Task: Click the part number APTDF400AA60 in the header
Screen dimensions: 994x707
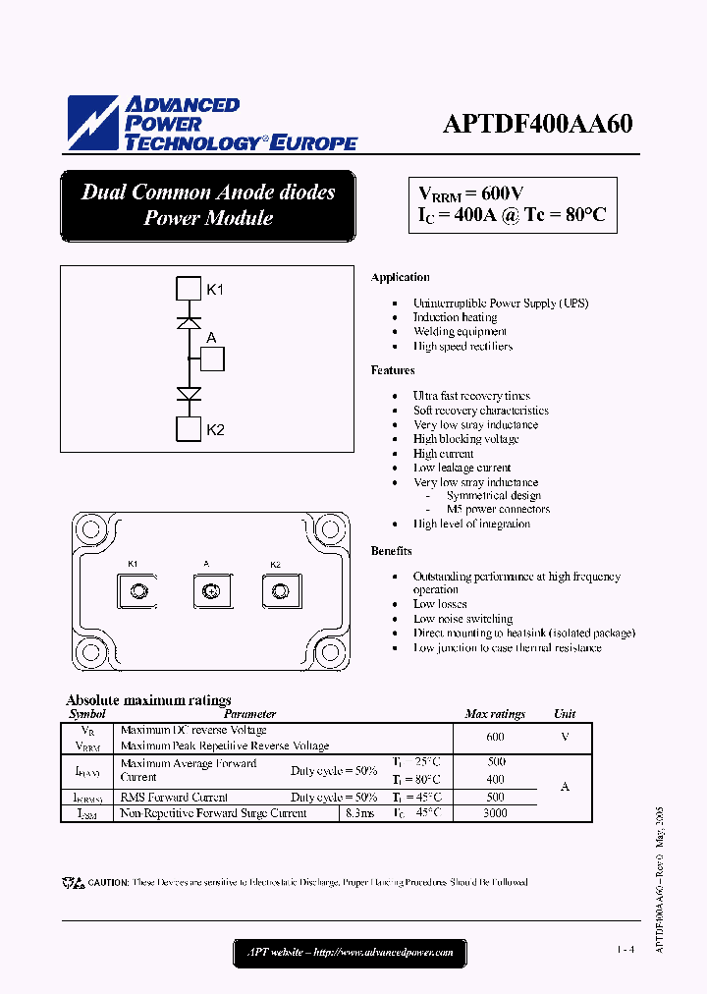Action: pyautogui.click(x=537, y=125)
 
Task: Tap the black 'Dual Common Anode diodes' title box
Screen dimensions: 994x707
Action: pyautogui.click(x=207, y=205)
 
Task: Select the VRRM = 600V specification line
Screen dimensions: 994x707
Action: pyautogui.click(x=471, y=193)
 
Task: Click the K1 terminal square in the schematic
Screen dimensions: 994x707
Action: pyautogui.click(x=188, y=289)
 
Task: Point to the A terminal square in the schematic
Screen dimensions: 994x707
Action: pyautogui.click(x=212, y=359)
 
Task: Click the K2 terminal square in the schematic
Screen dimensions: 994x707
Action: pyautogui.click(x=188, y=429)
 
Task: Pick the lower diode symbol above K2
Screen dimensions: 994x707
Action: pyautogui.click(x=188, y=394)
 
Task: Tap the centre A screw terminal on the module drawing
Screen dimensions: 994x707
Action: pyautogui.click(x=207, y=591)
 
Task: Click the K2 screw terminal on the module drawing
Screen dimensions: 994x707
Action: pyautogui.click(x=279, y=591)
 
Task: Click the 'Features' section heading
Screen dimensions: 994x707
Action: pyautogui.click(x=393, y=370)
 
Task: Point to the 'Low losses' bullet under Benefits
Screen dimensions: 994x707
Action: pyautogui.click(x=440, y=604)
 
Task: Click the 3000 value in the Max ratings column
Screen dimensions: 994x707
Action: pyautogui.click(x=496, y=813)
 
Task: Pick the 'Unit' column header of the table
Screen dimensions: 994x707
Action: pyautogui.click(x=565, y=714)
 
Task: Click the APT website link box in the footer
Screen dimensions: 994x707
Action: pyautogui.click(x=350, y=952)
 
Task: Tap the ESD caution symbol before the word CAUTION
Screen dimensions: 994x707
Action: pyautogui.click(x=73, y=883)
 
